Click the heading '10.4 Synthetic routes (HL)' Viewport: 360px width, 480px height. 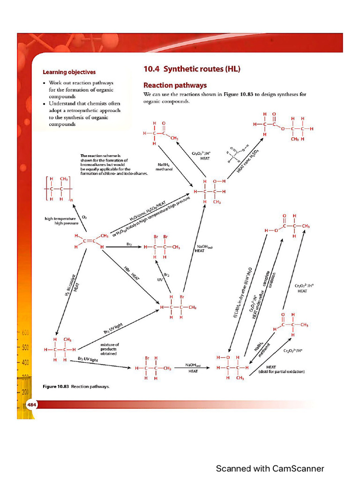(191, 69)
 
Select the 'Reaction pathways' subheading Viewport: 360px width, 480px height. (175, 85)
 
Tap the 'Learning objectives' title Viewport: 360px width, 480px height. (69, 72)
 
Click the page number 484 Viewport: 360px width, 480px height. (31, 405)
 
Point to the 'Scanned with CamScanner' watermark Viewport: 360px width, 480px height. (270, 468)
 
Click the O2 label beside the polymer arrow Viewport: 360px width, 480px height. (84, 217)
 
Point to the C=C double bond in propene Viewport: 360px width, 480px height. (88, 241)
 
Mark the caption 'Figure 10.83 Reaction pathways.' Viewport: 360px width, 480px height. (76, 387)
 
